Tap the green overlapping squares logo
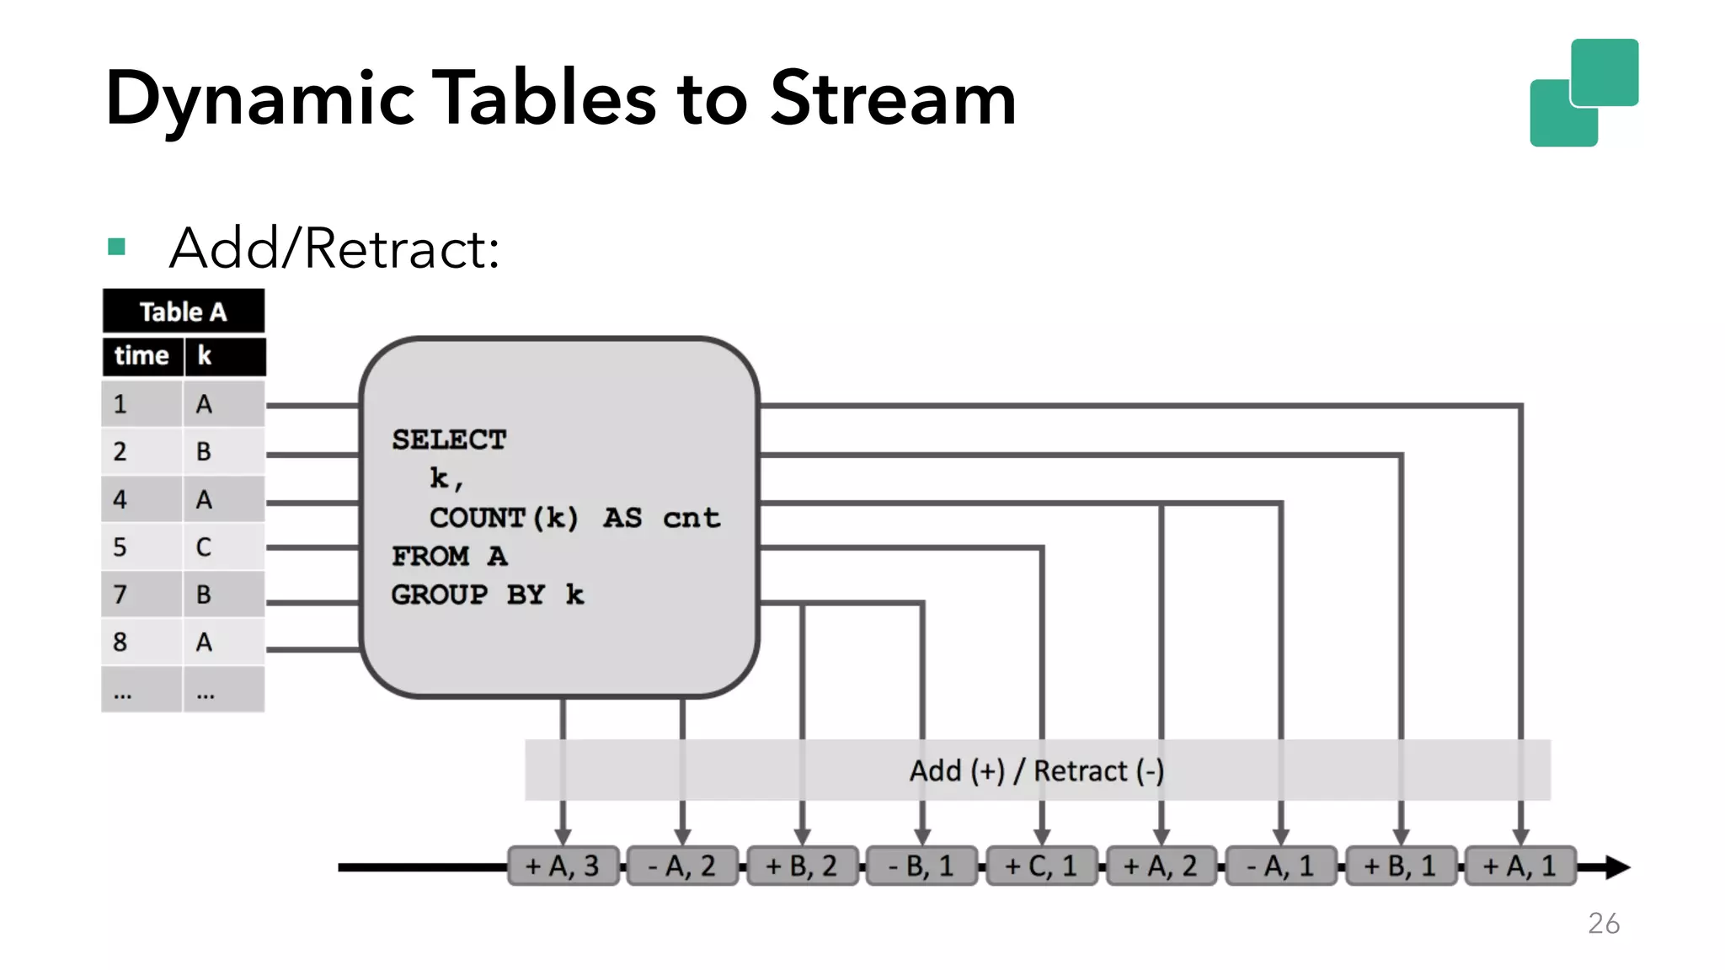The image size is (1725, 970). coord(1583,93)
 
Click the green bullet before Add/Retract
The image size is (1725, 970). coord(116,247)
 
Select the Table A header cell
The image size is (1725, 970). coord(183,312)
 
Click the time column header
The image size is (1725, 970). coord(142,355)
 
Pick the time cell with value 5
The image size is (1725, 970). coord(120,547)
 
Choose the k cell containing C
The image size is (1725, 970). coord(204,547)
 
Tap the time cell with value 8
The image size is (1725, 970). coord(120,642)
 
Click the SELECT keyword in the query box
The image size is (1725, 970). coord(449,440)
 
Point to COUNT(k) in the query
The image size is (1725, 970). coord(504,517)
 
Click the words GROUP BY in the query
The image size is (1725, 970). coord(467,594)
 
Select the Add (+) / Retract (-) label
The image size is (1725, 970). coord(1036,770)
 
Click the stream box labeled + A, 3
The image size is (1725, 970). coord(563,866)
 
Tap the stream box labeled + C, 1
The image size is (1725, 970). coord(1041,866)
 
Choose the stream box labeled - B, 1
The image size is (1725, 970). coord(921,866)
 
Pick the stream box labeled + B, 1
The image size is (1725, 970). coord(1400,866)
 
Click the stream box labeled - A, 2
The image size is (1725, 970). coord(682,866)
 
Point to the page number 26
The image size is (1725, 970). coord(1604,923)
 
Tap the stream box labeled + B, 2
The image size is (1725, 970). coord(802,866)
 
